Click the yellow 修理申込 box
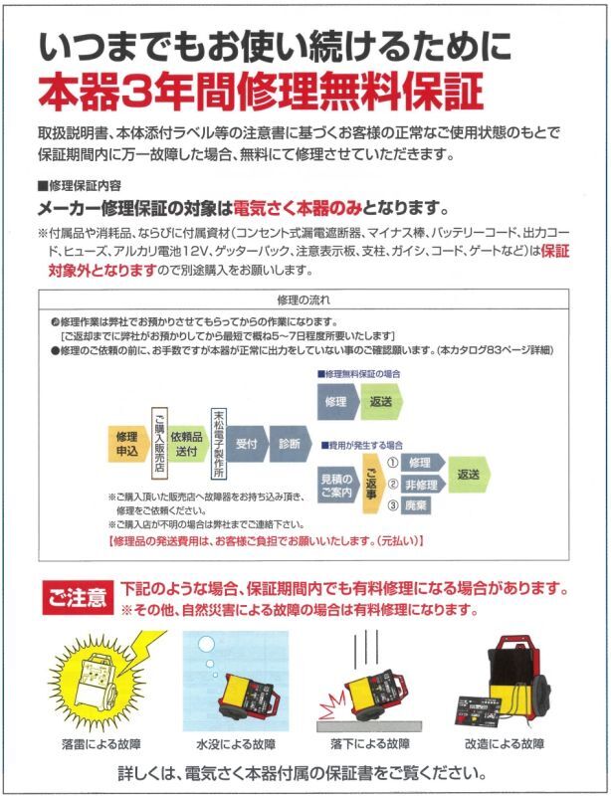point(128,444)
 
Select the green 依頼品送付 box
point(187,444)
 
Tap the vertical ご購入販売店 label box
point(159,443)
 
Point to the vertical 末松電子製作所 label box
point(218,443)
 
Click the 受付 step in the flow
point(247,444)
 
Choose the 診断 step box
point(290,444)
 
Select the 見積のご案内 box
point(336,485)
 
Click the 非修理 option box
point(422,485)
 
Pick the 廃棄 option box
point(416,505)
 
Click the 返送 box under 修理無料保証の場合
point(381,402)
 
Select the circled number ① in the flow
point(392,463)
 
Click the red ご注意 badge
point(78,598)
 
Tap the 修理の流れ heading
point(304,299)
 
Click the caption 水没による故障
point(236,744)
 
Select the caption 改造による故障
point(505,744)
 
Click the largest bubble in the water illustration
point(206,645)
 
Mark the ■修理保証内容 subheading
point(80,185)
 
